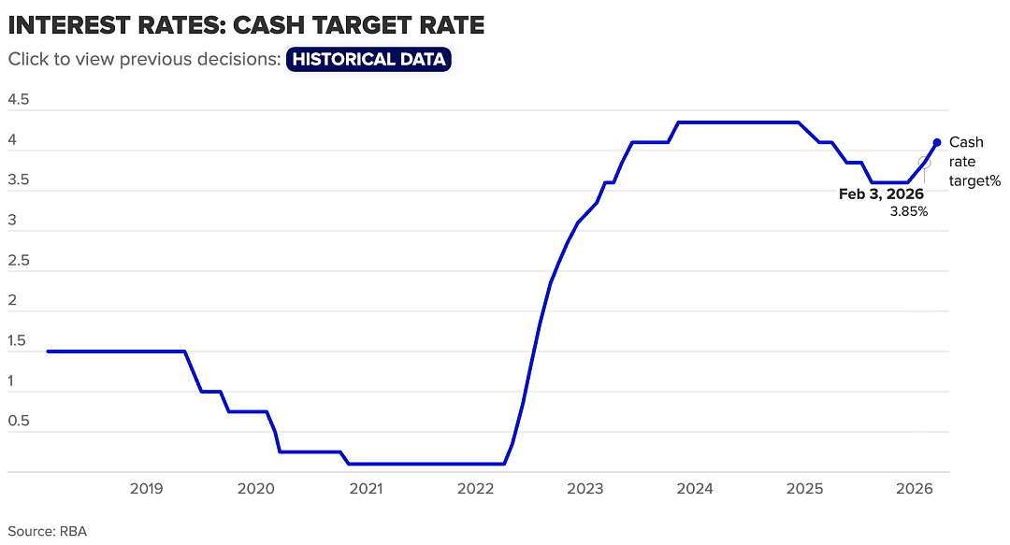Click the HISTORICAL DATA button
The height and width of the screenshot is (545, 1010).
coord(368,59)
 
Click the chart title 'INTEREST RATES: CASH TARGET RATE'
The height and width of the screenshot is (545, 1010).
coord(246,25)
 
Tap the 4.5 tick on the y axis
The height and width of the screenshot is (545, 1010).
coord(19,99)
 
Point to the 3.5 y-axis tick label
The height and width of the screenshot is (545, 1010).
coord(19,179)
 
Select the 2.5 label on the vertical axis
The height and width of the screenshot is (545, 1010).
coord(19,260)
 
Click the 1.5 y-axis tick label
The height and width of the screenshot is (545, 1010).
coord(17,341)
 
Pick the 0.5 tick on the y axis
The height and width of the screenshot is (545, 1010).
coord(19,421)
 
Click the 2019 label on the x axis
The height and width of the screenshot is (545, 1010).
coord(146,489)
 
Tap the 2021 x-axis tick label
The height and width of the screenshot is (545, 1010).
coord(366,489)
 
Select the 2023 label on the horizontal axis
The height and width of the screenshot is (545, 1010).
coord(584,489)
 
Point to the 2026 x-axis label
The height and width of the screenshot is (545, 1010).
coord(915,489)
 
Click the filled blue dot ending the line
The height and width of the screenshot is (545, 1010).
coord(937,142)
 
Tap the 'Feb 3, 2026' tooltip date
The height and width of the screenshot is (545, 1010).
coord(881,194)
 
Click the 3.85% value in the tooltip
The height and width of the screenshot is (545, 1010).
coord(909,211)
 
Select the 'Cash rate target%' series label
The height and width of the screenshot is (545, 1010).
coord(974,162)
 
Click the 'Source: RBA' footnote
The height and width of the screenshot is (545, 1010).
coord(47,532)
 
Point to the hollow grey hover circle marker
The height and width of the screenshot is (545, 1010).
coord(924,163)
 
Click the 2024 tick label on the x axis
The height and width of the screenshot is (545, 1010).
coord(695,489)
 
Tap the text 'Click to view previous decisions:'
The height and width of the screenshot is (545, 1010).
coord(144,59)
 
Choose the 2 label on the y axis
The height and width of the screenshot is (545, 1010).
coord(11,300)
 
